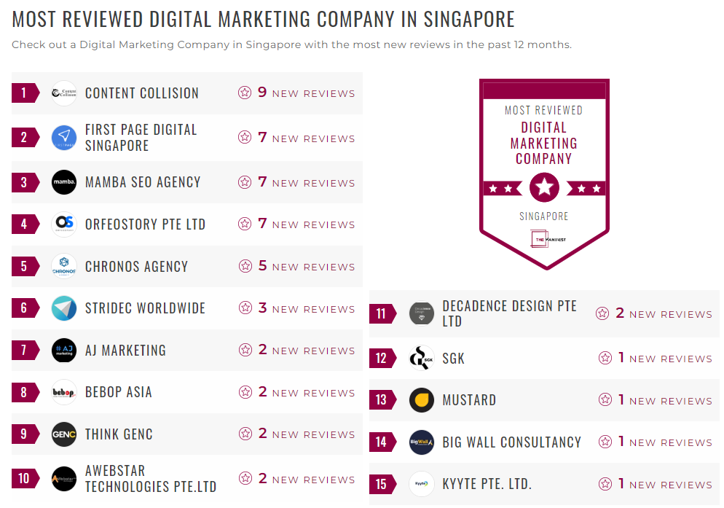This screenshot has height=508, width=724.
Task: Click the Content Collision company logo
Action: pyautogui.click(x=64, y=93)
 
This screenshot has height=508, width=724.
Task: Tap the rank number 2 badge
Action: pyautogui.click(x=24, y=138)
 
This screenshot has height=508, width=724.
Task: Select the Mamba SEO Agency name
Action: pyautogui.click(x=143, y=182)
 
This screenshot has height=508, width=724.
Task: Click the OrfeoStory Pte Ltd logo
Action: pyautogui.click(x=64, y=224)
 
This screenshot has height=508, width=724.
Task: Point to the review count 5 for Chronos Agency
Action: pyautogui.click(x=263, y=266)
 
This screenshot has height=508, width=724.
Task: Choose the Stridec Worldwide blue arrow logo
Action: pyautogui.click(x=64, y=308)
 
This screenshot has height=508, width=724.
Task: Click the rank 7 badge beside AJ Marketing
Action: pyautogui.click(x=24, y=351)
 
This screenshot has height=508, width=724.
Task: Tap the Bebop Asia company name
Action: pyautogui.click(x=119, y=392)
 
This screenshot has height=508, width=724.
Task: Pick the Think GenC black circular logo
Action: pyautogui.click(x=64, y=434)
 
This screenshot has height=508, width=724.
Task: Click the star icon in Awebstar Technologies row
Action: pyautogui.click(x=245, y=479)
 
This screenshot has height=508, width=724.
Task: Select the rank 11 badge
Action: pyautogui.click(x=382, y=314)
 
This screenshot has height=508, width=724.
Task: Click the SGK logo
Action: pyautogui.click(x=422, y=358)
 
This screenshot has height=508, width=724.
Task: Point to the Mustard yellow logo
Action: pyautogui.click(x=422, y=400)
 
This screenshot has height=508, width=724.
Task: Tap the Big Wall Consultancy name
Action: pyautogui.click(x=511, y=442)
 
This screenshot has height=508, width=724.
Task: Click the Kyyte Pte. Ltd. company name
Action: pyautogui.click(x=487, y=485)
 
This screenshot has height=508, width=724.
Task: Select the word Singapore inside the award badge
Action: pyautogui.click(x=544, y=216)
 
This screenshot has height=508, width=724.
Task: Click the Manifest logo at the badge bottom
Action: pyautogui.click(x=544, y=239)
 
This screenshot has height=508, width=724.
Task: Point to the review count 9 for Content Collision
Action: pyautogui.click(x=263, y=93)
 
